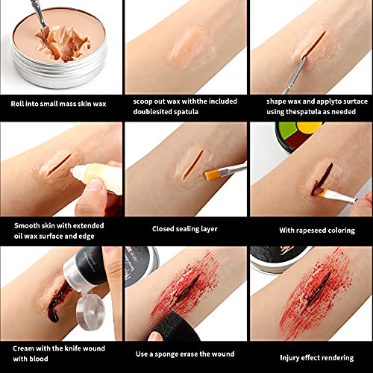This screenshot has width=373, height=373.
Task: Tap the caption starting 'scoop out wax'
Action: [x=185, y=104]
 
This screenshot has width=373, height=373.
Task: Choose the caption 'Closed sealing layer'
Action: [x=185, y=229]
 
